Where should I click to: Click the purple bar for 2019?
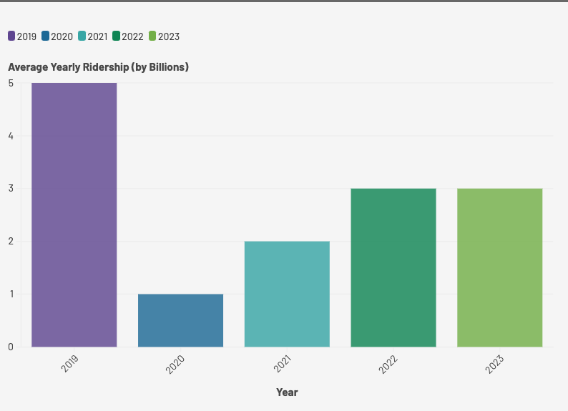coord(74,214)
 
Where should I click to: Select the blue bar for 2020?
coord(180,320)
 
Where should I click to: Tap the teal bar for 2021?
coord(287,294)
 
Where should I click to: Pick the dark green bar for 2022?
coord(393,267)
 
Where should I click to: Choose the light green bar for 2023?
coord(499,267)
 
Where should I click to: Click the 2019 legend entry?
coord(22,36)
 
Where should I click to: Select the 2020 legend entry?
coord(57,36)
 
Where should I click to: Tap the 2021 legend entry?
coord(93,36)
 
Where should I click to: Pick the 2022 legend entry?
coord(128,36)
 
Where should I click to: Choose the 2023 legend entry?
coord(164,36)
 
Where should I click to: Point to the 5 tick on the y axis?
coord(11,83)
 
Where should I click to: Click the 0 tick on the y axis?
coord(11,347)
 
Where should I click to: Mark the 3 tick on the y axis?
coord(11,189)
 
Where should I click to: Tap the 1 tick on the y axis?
coord(11,294)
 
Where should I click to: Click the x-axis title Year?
coord(287,392)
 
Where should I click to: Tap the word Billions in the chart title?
coord(167,67)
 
